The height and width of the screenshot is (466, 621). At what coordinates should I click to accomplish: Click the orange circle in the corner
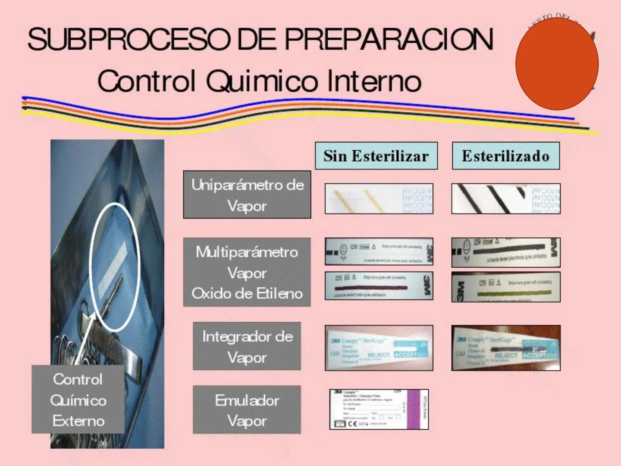click(557, 64)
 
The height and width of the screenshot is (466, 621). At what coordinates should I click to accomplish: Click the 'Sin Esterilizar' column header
click(376, 156)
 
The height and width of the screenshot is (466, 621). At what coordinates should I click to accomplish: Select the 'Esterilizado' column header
click(505, 156)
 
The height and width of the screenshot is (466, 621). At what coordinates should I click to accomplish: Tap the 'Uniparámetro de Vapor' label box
click(247, 195)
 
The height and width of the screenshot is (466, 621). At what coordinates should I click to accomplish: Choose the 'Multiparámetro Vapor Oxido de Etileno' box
click(247, 272)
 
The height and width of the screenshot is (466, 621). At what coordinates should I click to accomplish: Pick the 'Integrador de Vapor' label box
click(247, 346)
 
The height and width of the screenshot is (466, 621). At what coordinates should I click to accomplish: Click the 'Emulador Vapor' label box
click(247, 410)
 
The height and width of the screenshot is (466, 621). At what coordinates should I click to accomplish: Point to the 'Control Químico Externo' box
click(78, 400)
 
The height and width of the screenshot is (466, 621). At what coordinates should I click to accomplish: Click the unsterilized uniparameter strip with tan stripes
click(379, 199)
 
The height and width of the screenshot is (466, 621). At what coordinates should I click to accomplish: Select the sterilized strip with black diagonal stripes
click(505, 199)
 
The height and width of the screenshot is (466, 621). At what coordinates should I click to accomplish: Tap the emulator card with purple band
click(379, 409)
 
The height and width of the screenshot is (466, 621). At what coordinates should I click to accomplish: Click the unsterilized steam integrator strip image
click(379, 348)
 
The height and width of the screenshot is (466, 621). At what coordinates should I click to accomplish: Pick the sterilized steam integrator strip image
click(505, 348)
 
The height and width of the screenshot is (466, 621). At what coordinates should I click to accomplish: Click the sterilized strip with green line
click(505, 287)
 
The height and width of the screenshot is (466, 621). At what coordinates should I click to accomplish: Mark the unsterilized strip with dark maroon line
click(379, 286)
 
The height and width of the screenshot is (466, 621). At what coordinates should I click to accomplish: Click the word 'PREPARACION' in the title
click(388, 40)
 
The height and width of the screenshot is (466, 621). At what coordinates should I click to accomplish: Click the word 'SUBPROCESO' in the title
click(129, 40)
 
